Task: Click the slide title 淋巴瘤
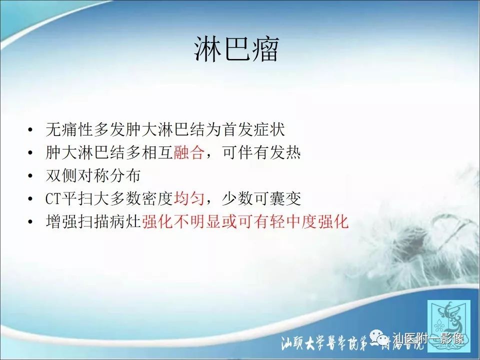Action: [x=236, y=50]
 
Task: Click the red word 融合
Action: [x=189, y=153]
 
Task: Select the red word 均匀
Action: [x=189, y=199]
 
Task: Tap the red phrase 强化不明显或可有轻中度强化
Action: [x=245, y=222]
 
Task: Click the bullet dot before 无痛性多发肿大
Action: [x=31, y=130]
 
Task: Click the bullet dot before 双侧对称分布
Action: [x=31, y=176]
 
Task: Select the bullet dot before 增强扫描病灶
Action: [x=31, y=222]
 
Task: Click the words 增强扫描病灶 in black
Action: [x=93, y=222]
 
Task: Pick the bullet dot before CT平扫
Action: [x=31, y=199]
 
